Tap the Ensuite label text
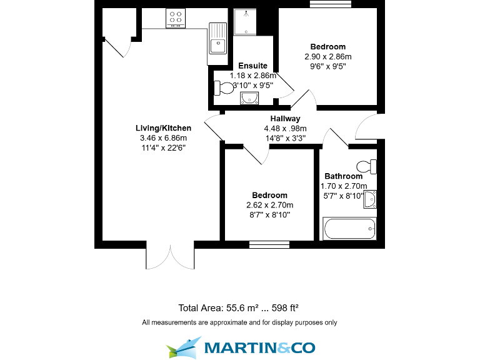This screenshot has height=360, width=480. point(252,66)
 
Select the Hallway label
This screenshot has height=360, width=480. point(285,119)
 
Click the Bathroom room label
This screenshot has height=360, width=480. point(343,176)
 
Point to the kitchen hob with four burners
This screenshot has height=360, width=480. point(176,19)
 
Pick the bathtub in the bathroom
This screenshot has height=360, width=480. point(350,229)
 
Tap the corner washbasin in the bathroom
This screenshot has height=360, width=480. point(371,199)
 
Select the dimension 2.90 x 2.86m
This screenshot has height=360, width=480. point(328,56)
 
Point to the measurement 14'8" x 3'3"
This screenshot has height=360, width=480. point(285,139)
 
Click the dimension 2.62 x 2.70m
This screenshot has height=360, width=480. point(270,205)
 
